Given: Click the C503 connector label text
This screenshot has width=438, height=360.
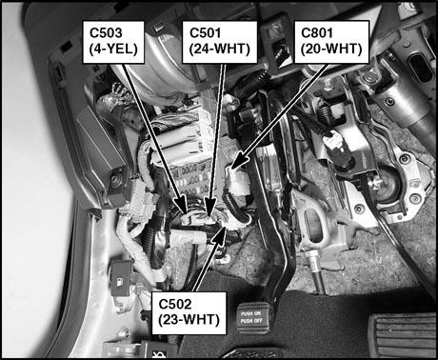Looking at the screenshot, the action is [106, 33].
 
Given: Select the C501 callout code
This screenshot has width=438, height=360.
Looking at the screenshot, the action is [205, 33].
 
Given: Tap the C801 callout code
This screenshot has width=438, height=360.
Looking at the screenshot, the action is [317, 33].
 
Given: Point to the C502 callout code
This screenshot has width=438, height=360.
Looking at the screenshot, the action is [175, 304].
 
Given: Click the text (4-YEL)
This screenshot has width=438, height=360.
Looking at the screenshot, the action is [113, 49].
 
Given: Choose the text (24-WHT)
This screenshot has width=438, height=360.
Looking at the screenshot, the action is [220, 49].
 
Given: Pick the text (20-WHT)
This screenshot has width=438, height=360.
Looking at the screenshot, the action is [331, 49].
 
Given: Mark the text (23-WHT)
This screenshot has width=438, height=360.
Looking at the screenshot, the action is [189, 320].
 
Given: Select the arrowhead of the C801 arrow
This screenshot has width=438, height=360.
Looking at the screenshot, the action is [241, 160].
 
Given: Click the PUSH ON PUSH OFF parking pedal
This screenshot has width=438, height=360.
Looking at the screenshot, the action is [252, 318].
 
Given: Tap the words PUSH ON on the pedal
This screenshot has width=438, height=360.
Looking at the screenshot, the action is [250, 313].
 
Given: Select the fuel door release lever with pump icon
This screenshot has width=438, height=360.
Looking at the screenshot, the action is [121, 278].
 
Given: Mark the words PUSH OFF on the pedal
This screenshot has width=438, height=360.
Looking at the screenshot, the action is [251, 321].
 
